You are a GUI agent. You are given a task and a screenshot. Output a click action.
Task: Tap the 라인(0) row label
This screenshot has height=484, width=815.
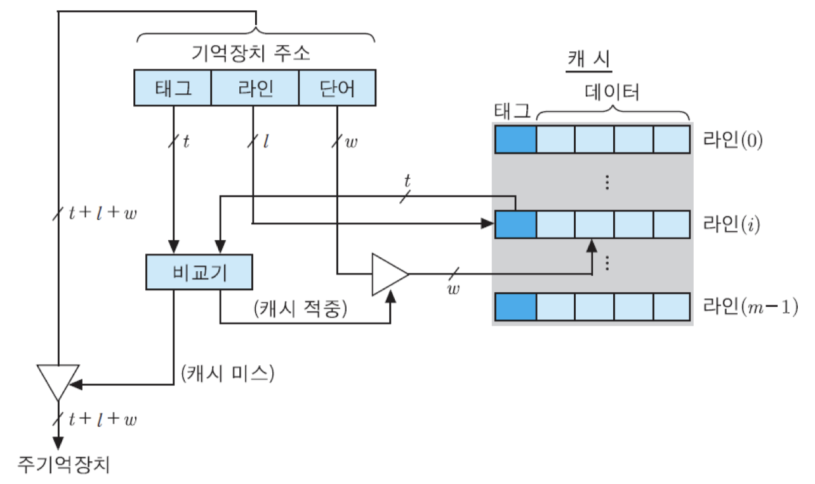pos(732,139)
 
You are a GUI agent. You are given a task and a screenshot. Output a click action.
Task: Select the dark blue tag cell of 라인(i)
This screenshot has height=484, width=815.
pos(515,225)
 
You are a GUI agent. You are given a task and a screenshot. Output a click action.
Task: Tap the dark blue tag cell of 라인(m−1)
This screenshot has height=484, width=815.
pos(515,306)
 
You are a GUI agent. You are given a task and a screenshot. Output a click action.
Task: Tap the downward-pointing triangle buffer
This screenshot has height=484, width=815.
pos(58,380)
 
